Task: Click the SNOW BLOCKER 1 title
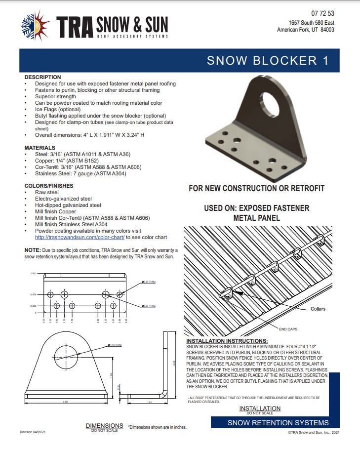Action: pos(267,61)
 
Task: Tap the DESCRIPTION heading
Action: pos(42,77)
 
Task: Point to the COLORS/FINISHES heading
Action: pos(49,186)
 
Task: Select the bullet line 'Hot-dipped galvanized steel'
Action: pos(68,205)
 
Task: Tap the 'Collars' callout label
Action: pos(318,309)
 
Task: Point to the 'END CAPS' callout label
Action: pos(288,328)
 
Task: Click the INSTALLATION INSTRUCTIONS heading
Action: pos(227,341)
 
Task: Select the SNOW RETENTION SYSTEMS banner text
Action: pos(278,423)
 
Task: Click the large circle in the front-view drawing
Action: pos(66,357)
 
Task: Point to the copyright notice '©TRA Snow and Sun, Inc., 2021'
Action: pos(314,432)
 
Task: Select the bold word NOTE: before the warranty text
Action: pos(33,250)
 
